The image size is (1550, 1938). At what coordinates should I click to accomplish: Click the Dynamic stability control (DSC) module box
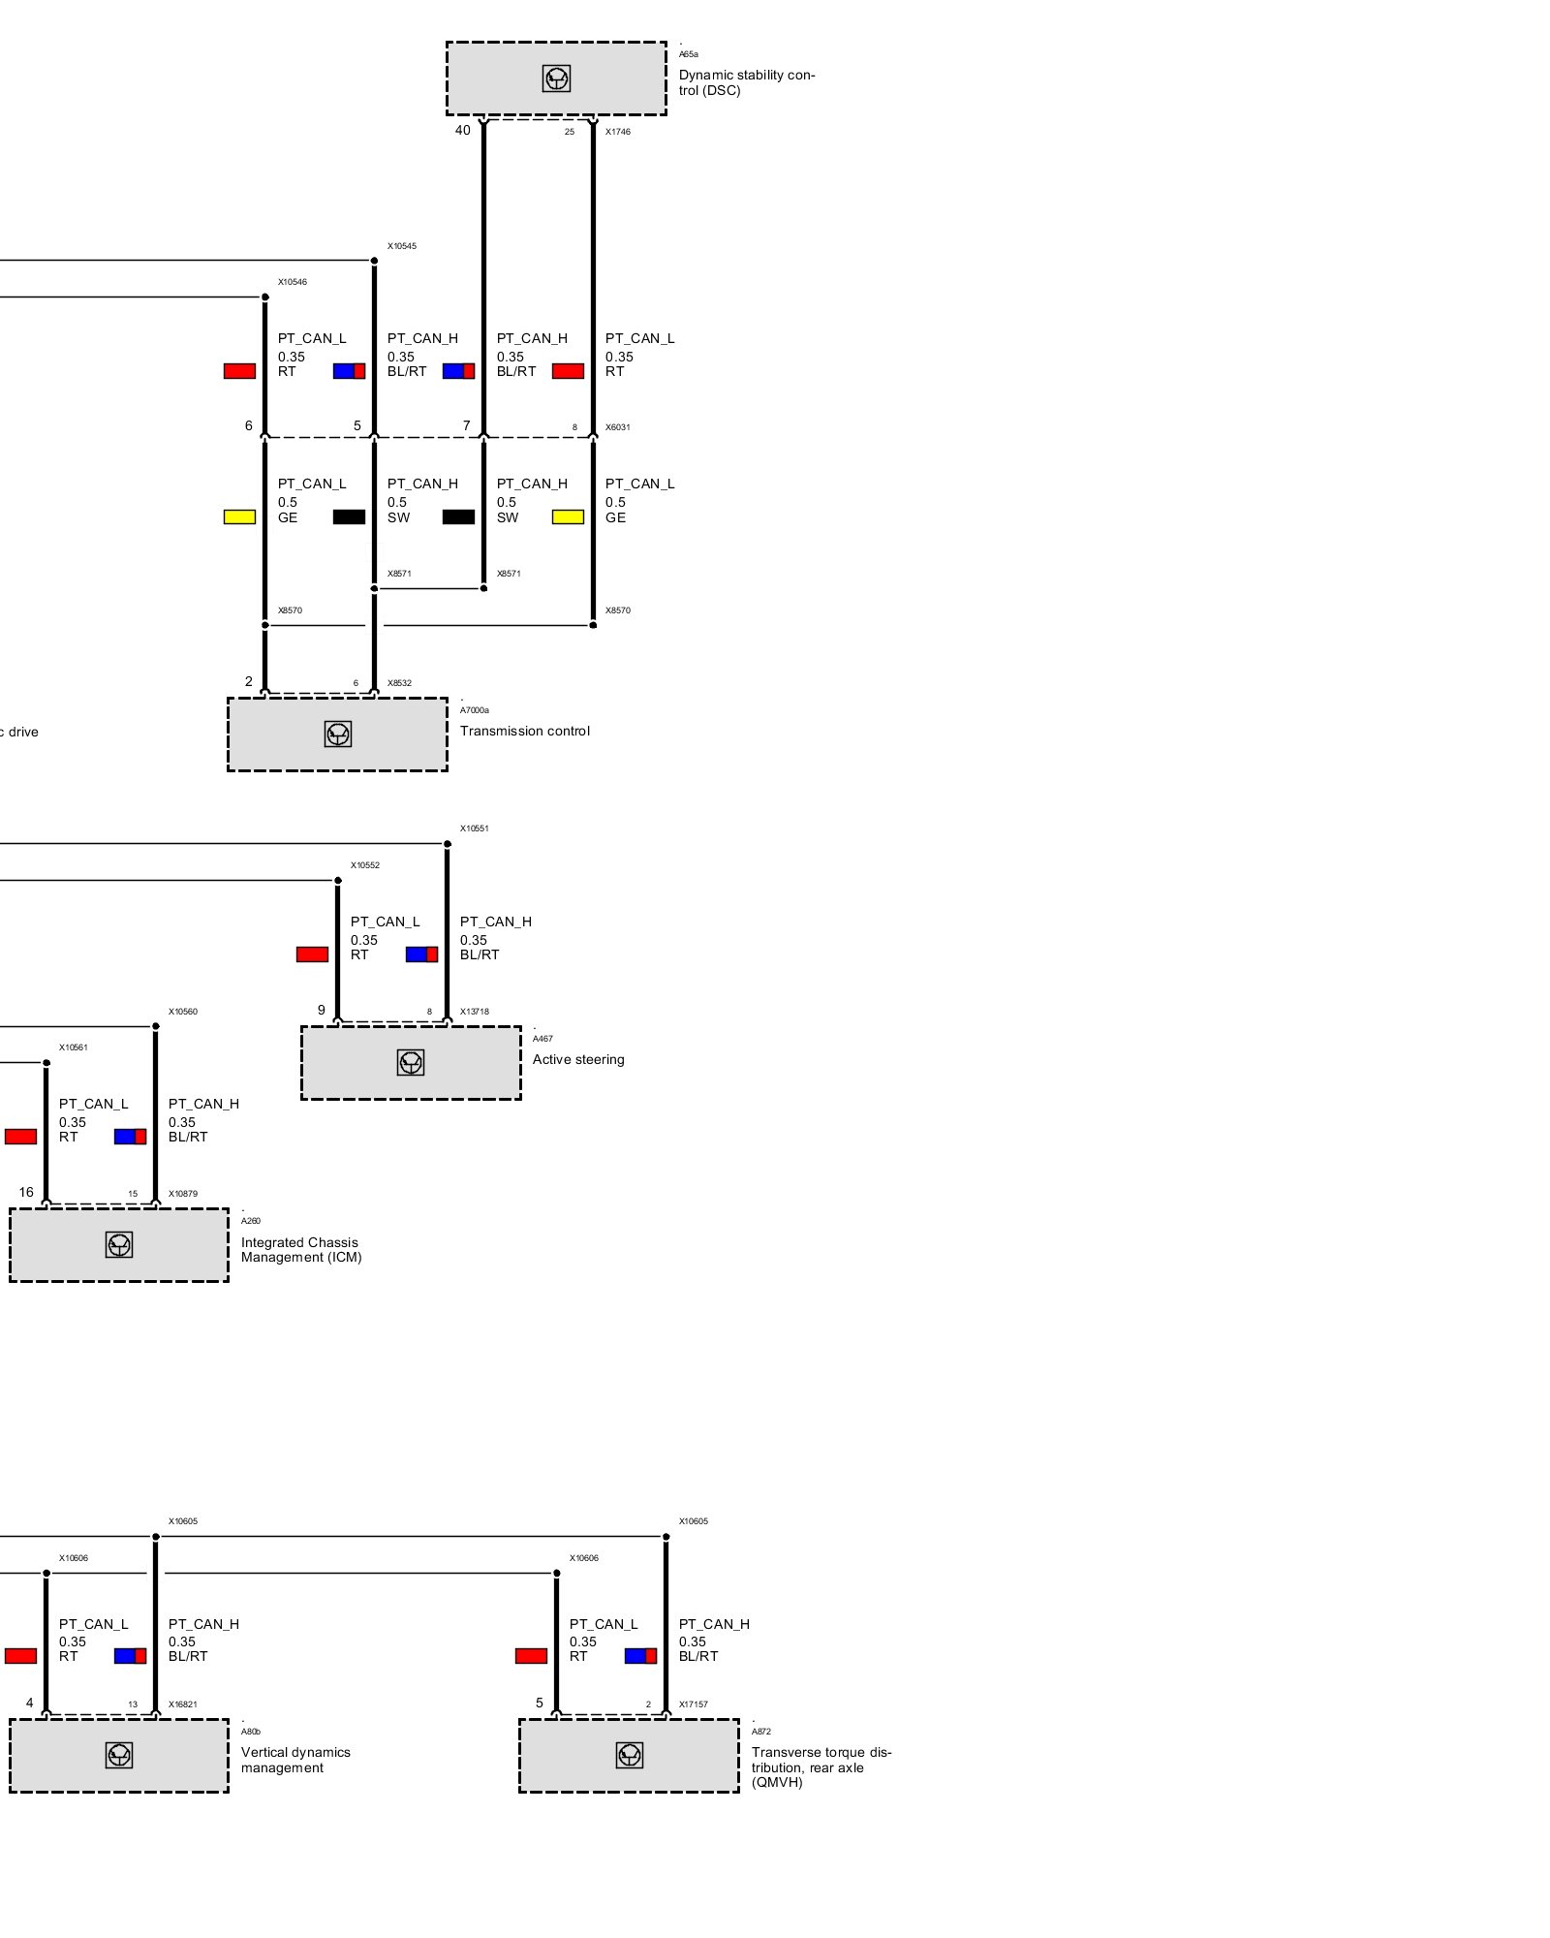coord(556,78)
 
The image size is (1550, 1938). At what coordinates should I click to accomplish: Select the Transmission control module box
coord(337,735)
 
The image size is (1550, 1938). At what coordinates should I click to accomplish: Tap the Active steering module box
coord(411,1063)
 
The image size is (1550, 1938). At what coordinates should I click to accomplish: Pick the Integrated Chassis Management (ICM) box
coord(119,1245)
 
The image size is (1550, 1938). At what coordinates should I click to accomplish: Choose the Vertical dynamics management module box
coord(119,1756)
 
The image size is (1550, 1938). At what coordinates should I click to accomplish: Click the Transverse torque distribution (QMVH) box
coord(629,1756)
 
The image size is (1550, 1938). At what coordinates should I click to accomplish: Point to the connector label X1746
coord(617,132)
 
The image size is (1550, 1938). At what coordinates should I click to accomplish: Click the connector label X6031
coord(617,427)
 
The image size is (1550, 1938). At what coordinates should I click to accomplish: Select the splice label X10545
coord(402,246)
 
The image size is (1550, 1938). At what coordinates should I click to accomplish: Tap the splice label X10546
coord(293,282)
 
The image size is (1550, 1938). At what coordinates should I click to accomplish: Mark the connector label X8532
coord(399,683)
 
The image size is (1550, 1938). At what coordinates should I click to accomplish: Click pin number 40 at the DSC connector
coord(463,131)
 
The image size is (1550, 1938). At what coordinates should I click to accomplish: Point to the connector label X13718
coord(475,1012)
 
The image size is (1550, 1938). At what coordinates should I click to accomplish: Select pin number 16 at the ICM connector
coord(26,1193)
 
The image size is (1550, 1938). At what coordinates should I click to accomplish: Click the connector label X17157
coord(693,1704)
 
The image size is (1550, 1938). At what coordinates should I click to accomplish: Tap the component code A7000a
coord(475,710)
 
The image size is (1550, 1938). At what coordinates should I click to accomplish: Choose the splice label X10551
coord(475,828)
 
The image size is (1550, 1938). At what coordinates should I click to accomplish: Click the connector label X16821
coord(183,1704)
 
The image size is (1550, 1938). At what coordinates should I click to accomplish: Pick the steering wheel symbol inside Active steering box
coord(411,1063)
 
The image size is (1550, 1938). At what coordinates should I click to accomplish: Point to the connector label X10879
coord(183,1194)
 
